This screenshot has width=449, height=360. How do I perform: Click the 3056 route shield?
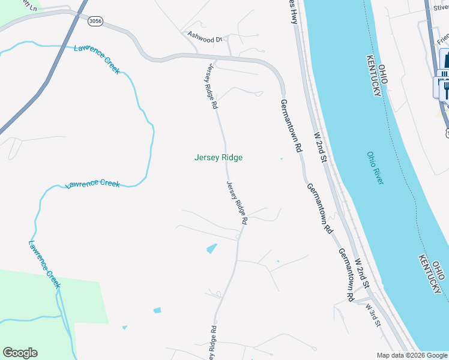[x=95, y=21]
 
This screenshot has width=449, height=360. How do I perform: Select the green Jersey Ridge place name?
[x=218, y=158]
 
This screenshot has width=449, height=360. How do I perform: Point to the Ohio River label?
[x=375, y=168]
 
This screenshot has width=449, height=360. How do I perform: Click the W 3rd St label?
[x=373, y=314]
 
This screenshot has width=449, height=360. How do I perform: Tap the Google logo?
[x=20, y=353]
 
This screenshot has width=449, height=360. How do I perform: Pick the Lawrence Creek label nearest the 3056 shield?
[x=97, y=59]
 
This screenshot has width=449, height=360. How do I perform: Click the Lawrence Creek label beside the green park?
[x=44, y=264]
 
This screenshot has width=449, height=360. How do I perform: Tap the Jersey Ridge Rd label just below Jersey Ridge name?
[x=237, y=203]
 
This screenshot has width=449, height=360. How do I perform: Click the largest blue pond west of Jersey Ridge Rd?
[x=211, y=248]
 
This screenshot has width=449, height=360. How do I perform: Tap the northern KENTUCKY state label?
[x=376, y=77]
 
